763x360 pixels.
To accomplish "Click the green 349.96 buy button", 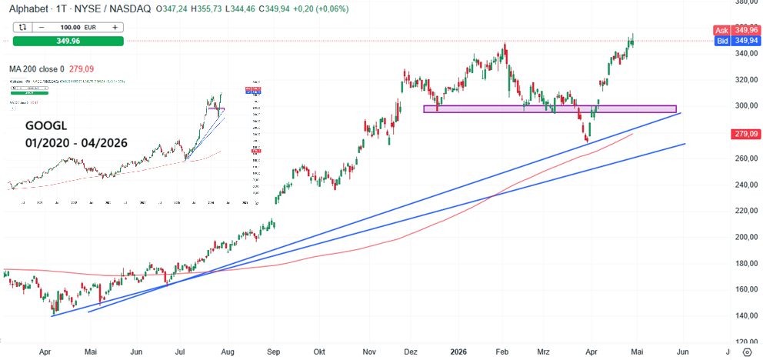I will (x=68, y=41).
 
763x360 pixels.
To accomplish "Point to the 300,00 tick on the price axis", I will (x=743, y=105).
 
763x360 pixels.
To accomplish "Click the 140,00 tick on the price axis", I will (x=743, y=315).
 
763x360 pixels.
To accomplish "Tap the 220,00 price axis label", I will (x=743, y=210).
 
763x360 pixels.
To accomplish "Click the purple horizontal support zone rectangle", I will (x=550, y=109).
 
